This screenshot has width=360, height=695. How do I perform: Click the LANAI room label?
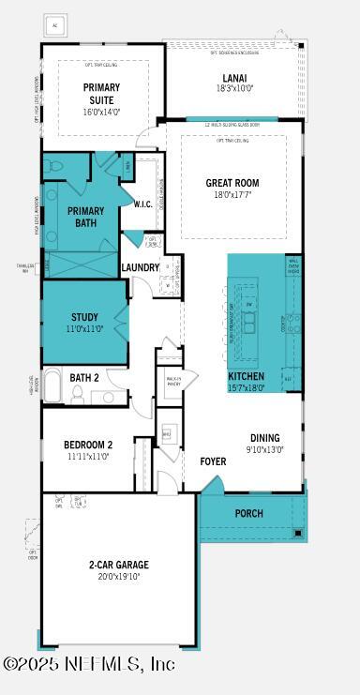point(234,78)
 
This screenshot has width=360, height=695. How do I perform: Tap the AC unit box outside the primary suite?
point(53,25)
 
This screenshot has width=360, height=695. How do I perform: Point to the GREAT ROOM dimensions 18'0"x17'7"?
point(232,196)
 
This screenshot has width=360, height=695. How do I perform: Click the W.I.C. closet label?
point(142,204)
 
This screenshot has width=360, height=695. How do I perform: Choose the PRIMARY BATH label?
point(85,217)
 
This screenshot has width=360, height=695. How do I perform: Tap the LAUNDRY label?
point(141,267)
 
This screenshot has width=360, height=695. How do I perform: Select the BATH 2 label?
point(84,378)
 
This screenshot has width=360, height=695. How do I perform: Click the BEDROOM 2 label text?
point(88,445)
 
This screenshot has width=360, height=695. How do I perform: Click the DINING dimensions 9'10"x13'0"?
point(265,450)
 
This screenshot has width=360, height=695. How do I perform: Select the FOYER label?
point(213,461)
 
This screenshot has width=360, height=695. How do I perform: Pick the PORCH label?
point(248,513)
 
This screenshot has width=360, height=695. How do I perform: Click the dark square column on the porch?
point(299,533)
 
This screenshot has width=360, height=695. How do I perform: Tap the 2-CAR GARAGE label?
point(119,565)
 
